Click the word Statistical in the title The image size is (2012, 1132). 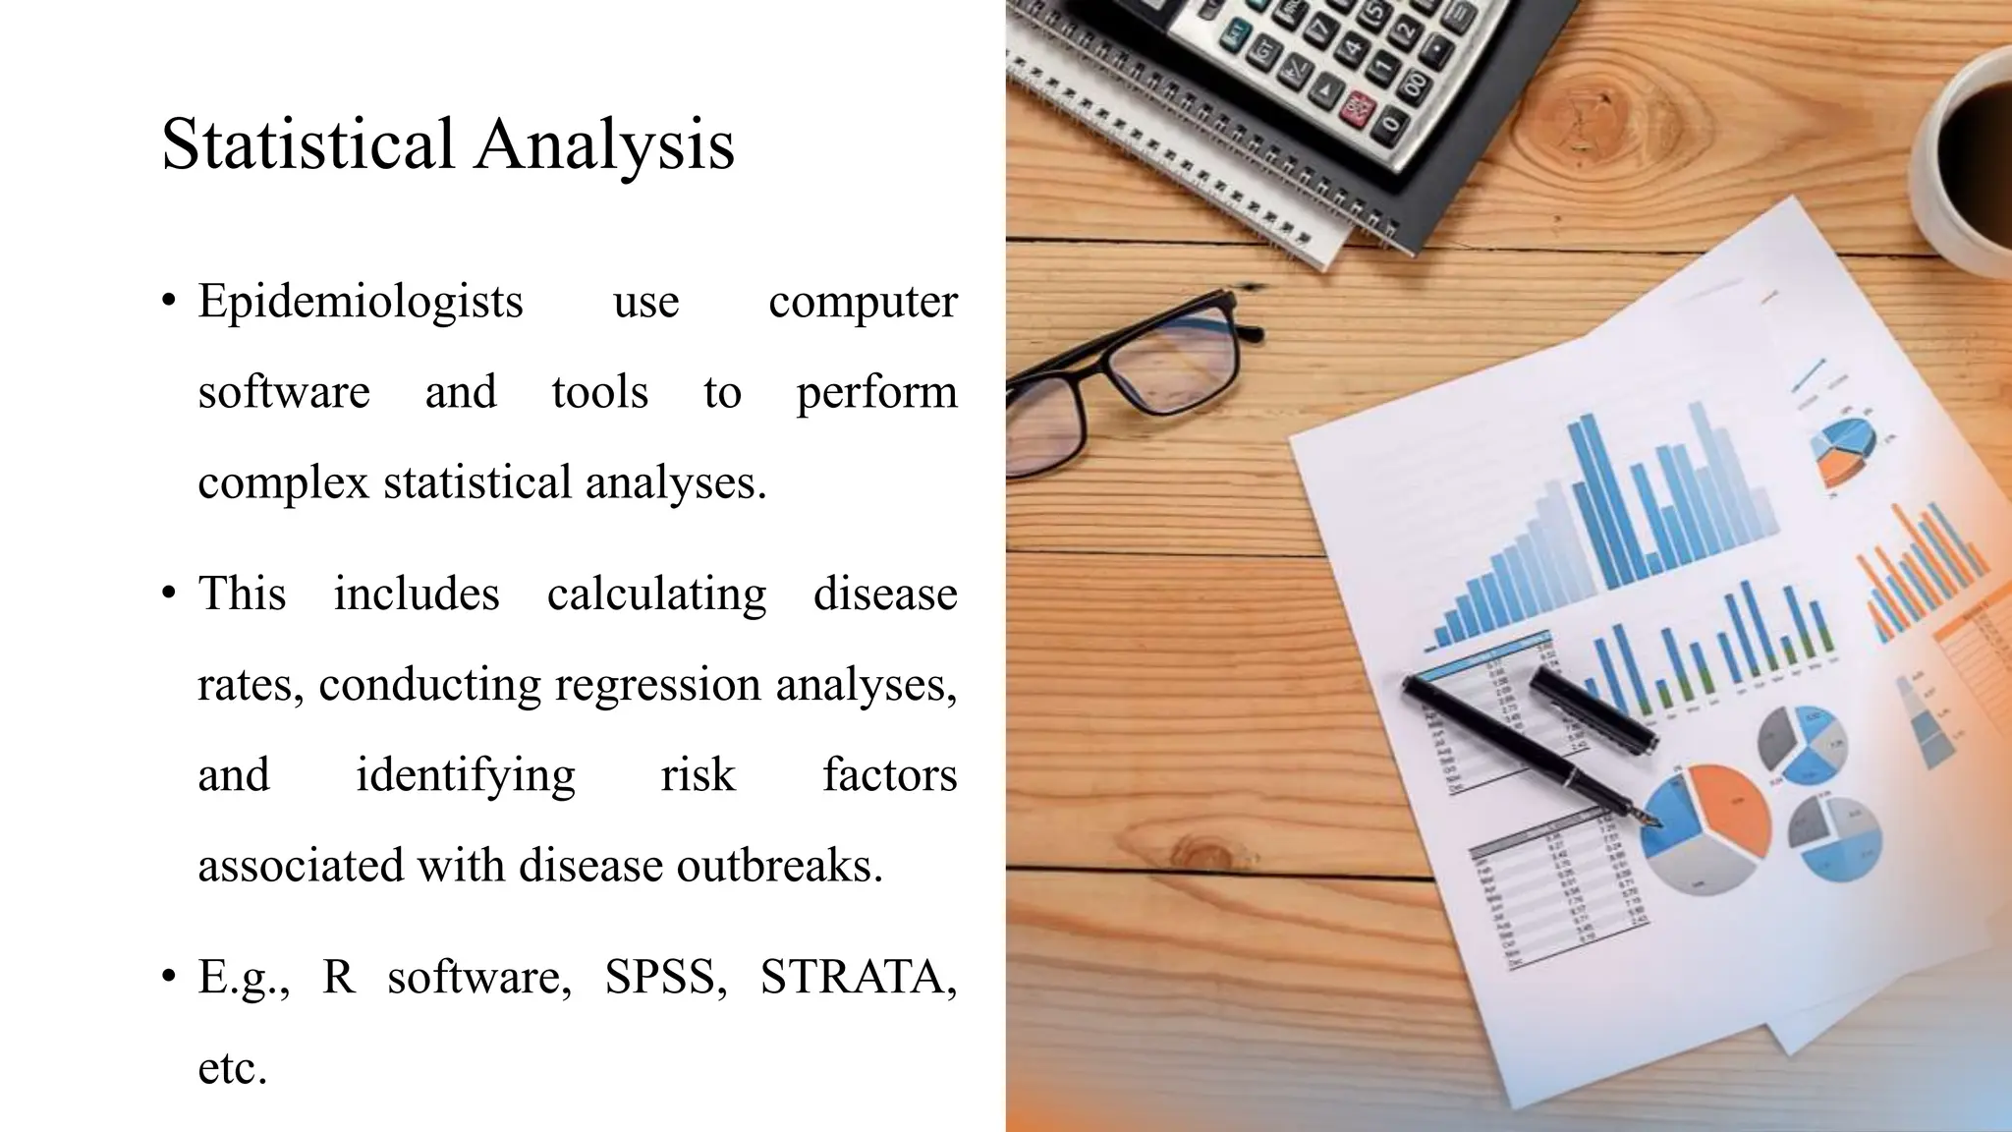click(x=307, y=144)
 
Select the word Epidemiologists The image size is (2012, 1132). click(x=361, y=301)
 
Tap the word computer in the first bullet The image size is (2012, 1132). click(x=863, y=301)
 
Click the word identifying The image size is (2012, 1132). click(x=465, y=775)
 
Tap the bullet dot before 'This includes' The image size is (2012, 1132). click(x=170, y=594)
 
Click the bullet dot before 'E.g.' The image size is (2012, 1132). click(x=170, y=977)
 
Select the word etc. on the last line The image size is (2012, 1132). click(x=233, y=1068)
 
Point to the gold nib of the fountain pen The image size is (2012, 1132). click(x=1650, y=819)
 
